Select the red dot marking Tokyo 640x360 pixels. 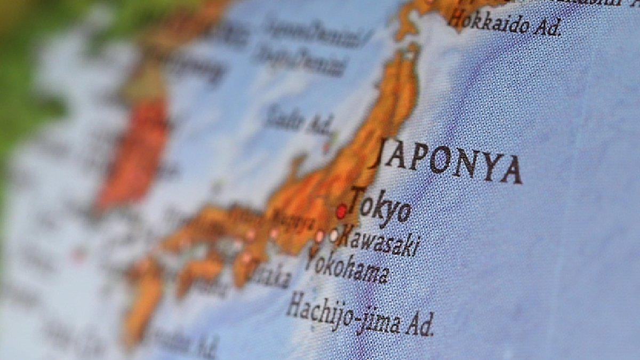341,212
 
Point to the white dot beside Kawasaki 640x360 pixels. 334,235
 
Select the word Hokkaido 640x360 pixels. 487,22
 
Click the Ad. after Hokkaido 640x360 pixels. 546,28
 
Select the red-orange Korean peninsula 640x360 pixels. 133,155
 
